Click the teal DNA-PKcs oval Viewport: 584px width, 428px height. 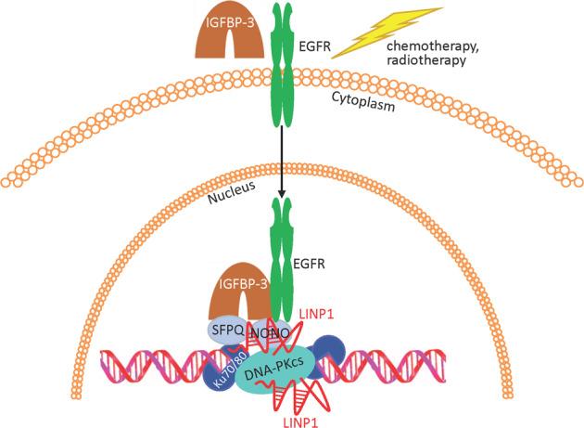[277, 371]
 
